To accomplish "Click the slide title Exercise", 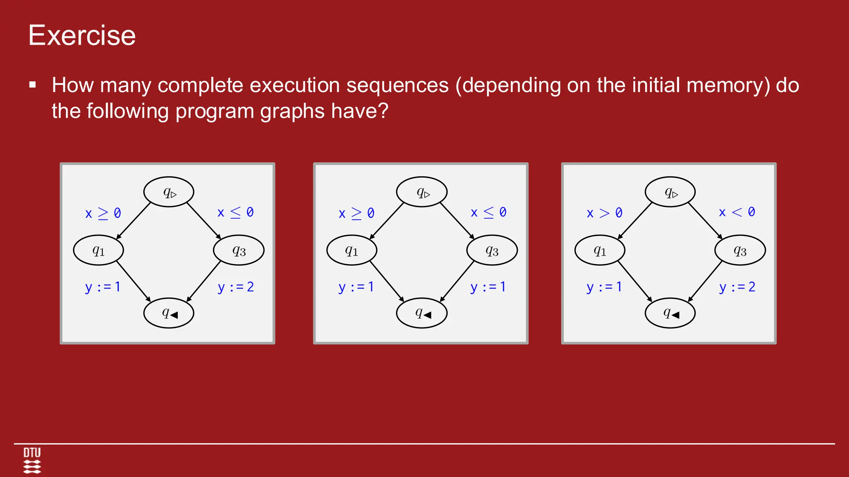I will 82,36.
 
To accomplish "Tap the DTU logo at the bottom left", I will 32,460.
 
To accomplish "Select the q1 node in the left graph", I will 98,250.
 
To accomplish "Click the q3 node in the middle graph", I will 492,250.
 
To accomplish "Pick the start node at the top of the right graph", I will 670,192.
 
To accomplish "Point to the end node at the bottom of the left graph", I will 169,313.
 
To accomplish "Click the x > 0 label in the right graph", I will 604,213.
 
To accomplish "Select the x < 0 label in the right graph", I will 737,212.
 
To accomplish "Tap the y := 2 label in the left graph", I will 235,287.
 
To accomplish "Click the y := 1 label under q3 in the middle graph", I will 488,287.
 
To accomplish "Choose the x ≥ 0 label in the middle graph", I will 356,213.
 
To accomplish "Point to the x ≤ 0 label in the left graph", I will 235,212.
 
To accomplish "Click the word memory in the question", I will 728,85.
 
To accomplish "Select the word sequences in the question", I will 397,85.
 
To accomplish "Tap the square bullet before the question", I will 33,85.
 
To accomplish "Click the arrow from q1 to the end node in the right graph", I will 635,282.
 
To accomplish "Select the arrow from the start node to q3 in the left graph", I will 204,221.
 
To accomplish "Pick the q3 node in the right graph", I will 740,250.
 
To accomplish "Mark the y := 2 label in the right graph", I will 737,287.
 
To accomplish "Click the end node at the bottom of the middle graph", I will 422,313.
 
